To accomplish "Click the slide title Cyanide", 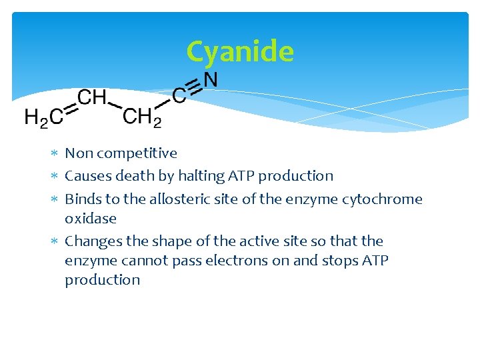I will click(240, 51).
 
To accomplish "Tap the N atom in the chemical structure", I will click(210, 80).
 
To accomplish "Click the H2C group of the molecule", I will click(44, 117).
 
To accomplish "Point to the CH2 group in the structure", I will click(142, 117).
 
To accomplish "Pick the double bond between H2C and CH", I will click(70, 108).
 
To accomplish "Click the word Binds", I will click(83, 199).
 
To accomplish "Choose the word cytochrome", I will click(387, 199).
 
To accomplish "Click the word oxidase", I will click(91, 219).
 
